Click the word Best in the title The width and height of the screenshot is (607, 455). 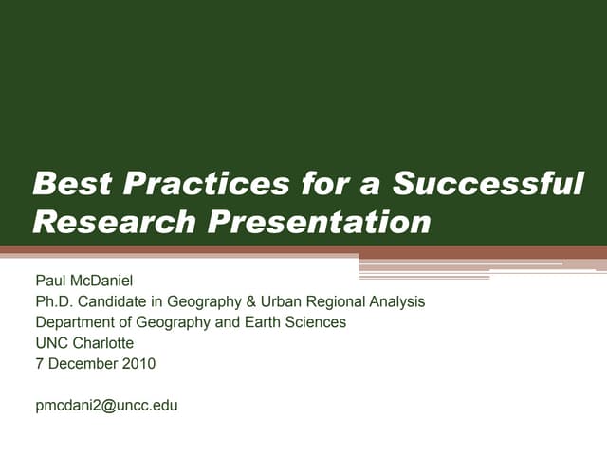click(69, 183)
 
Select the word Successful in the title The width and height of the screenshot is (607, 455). click(488, 183)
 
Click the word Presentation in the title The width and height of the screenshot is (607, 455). click(319, 222)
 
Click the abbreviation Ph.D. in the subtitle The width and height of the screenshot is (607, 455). click(53, 301)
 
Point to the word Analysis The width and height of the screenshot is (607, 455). click(395, 301)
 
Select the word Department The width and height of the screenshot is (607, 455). click(73, 322)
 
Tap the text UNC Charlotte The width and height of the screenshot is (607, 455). click(84, 343)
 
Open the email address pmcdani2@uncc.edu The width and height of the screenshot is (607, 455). click(106, 405)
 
